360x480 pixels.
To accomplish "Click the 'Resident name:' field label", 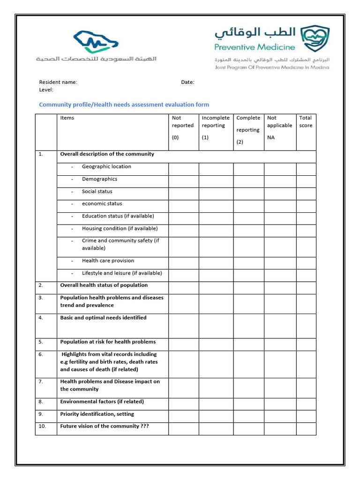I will click(58, 82).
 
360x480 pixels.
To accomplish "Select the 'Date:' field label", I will click(187, 82).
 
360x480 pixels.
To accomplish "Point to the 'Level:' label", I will click(46, 90).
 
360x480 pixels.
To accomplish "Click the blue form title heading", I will click(124, 105).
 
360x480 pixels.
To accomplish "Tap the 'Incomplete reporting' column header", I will click(216, 122).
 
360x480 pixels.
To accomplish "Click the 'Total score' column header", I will click(306, 122).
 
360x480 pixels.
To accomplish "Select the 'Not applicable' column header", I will click(279, 122).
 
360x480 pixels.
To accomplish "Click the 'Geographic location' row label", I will click(106, 166).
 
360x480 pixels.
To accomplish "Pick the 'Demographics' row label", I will click(99, 179).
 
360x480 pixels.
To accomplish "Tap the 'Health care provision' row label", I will click(108, 261).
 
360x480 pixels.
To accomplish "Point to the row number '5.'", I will click(41, 342).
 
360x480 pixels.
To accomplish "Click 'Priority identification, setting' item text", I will click(97, 414).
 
